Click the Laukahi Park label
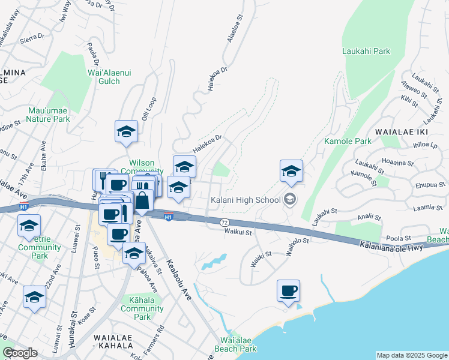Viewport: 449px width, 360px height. [366, 52]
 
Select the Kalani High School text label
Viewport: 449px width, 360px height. [245, 200]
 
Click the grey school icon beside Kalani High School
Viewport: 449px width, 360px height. [290, 199]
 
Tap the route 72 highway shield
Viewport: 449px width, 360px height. [224, 222]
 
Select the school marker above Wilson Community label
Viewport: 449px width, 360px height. [126, 132]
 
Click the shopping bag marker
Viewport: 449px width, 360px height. [143, 200]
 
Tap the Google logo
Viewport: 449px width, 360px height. [20, 353]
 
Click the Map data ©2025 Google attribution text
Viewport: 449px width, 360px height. [411, 355]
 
